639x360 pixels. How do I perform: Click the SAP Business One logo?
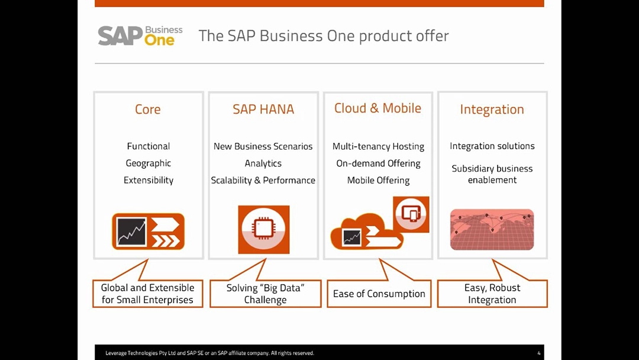[140, 36]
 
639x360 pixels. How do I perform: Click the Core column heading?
[148, 110]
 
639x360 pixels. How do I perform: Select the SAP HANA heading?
[263, 110]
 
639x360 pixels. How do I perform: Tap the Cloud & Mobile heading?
[377, 108]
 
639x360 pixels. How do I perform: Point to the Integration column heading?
[492, 110]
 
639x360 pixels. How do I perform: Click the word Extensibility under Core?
[149, 180]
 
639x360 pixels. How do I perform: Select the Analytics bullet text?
[263, 163]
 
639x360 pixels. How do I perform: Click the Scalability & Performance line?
[263, 180]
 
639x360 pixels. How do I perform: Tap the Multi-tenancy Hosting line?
[378, 146]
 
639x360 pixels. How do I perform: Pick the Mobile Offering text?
[378, 180]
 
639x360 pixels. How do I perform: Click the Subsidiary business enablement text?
[492, 174]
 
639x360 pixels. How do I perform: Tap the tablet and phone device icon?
[411, 214]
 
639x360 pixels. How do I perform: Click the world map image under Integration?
[492, 229]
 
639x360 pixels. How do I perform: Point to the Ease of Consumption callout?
[379, 294]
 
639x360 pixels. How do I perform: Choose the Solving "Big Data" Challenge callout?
[265, 294]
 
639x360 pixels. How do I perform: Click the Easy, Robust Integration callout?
[492, 294]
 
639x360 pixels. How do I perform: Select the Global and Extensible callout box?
[147, 294]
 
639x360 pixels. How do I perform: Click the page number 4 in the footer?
[538, 353]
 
